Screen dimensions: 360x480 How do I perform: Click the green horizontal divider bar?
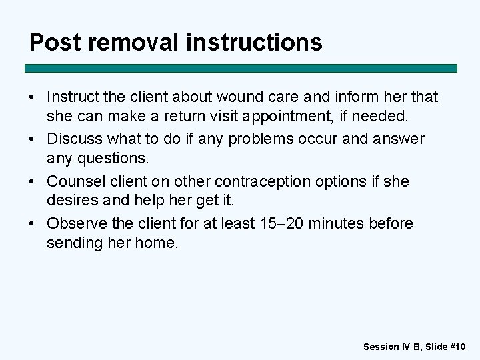[241, 68]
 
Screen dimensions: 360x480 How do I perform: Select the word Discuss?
[75, 139]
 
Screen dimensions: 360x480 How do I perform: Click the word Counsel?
[75, 181]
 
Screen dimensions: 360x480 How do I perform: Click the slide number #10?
[459, 346]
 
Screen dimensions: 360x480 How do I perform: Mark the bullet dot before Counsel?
[33, 181]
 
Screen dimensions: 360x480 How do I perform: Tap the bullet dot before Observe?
[33, 223]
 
